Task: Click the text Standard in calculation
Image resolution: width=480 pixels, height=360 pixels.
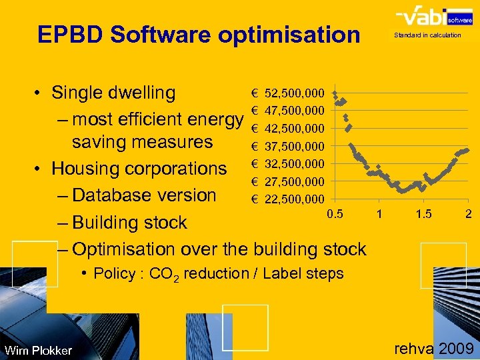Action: point(427,35)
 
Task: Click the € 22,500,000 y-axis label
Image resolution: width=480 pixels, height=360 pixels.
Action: point(287,199)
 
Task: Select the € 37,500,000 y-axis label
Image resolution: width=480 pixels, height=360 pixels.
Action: point(287,146)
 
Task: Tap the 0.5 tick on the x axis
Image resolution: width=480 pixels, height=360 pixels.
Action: point(335,213)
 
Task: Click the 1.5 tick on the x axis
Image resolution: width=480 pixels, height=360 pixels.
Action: point(423,213)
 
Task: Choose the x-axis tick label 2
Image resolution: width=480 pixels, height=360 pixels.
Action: point(469,213)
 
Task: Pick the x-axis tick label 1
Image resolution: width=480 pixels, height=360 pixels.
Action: point(379,213)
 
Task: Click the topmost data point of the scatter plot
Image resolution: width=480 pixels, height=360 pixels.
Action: point(335,93)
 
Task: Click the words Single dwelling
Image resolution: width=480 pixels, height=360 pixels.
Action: point(113,93)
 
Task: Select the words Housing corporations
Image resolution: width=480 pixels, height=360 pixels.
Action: point(139,169)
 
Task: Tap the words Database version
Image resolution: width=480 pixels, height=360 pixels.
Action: point(144,195)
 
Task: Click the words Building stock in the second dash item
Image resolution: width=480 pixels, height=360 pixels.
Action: point(129,223)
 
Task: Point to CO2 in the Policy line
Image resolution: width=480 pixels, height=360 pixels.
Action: point(165,274)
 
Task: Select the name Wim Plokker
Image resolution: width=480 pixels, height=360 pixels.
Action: point(38,351)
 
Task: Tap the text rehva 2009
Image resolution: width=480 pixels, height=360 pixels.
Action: point(433,348)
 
